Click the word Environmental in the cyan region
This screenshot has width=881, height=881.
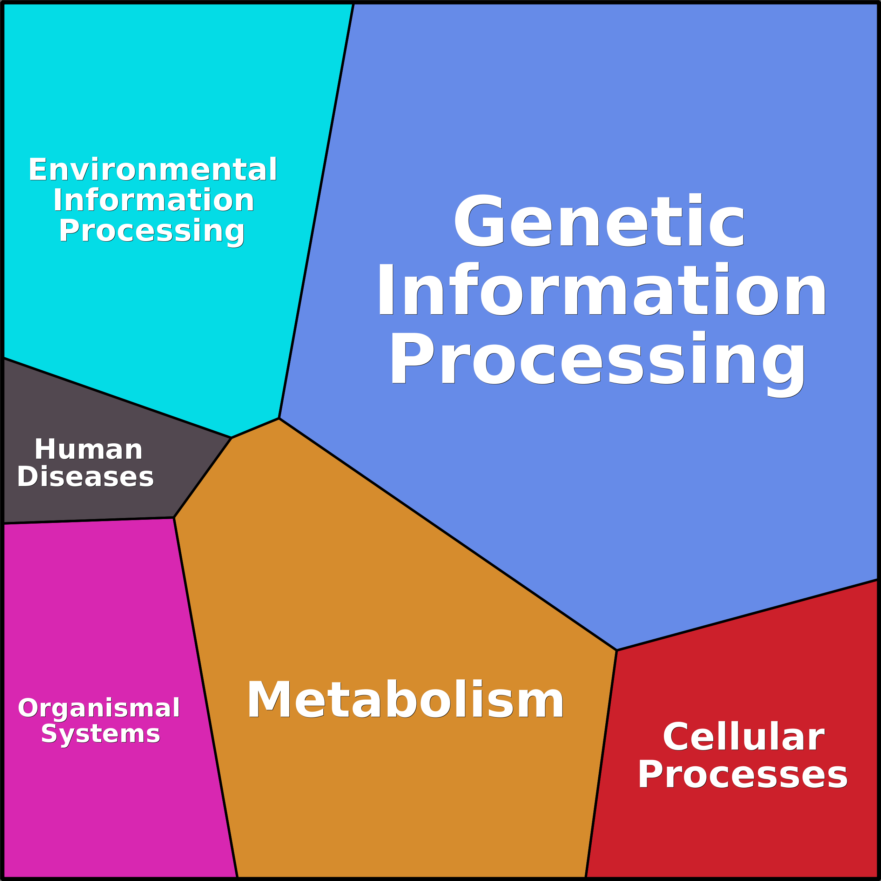(153, 170)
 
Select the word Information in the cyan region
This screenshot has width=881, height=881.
(153, 201)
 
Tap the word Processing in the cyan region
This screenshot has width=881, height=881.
(152, 231)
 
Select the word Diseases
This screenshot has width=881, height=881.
(85, 477)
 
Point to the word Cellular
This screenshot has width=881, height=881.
(743, 737)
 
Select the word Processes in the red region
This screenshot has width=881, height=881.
(742, 775)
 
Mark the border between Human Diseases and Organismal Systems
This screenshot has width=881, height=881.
(89, 520)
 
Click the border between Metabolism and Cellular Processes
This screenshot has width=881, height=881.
(601, 764)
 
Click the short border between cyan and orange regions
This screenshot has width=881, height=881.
(255, 428)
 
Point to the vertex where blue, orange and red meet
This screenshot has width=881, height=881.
(617, 650)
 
